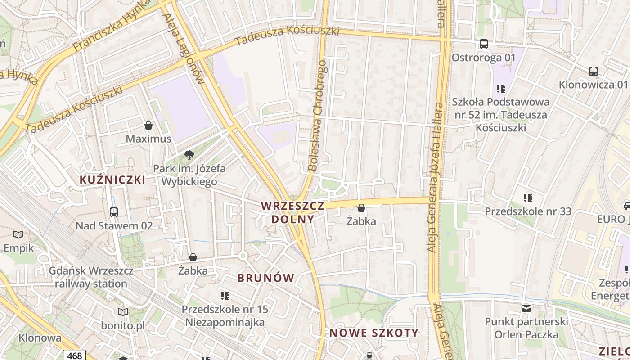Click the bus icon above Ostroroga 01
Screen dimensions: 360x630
point(484,44)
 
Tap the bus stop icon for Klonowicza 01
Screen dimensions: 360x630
point(594,71)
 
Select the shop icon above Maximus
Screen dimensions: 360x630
point(148,126)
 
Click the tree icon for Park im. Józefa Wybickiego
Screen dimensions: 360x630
point(189,156)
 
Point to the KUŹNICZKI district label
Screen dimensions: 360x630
point(112,180)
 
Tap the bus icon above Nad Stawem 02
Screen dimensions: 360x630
point(114,212)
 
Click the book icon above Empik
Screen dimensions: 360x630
point(18,234)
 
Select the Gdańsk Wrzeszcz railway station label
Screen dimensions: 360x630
point(91,277)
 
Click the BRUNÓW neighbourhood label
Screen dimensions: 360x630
point(266,278)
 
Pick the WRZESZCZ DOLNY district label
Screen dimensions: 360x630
point(292,212)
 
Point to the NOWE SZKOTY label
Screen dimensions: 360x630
point(374,333)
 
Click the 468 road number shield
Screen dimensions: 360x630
point(74,355)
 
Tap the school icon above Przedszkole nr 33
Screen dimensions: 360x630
point(528,198)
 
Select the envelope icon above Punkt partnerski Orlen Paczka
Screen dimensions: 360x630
point(526,309)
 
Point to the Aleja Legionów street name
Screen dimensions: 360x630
point(184,49)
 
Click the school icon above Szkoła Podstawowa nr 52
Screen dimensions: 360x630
point(501,88)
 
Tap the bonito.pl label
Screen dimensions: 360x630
point(123,325)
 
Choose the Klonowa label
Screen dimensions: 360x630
point(40,337)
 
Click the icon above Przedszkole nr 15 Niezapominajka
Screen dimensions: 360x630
point(225,296)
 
